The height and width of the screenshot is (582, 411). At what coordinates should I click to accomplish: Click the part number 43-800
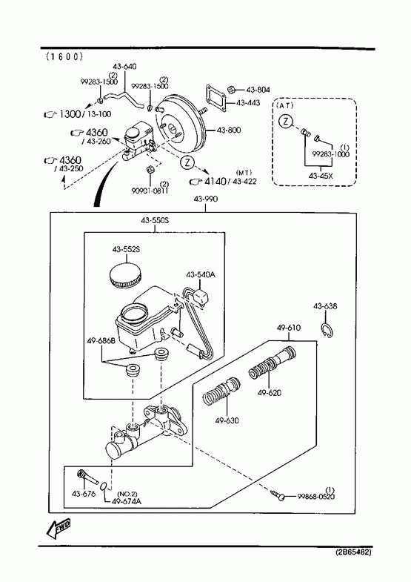(x=228, y=130)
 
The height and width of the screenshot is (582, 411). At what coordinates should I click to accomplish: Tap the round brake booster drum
(x=181, y=126)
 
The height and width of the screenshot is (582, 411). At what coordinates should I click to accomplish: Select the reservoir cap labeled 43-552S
(x=125, y=274)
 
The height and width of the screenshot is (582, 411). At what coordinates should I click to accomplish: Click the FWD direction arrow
(x=59, y=529)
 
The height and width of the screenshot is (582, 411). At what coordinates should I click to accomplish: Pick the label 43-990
(x=206, y=199)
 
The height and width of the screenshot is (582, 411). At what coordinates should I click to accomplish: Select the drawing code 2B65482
(x=353, y=552)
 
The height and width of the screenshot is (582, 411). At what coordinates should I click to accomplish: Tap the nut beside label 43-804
(x=230, y=89)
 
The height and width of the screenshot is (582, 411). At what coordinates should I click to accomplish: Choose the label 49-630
(x=227, y=420)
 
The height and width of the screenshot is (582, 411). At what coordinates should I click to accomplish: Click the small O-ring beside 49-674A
(x=104, y=486)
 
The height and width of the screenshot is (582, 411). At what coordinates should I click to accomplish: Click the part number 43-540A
(x=201, y=274)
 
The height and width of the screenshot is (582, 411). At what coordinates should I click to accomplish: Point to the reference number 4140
(x=215, y=181)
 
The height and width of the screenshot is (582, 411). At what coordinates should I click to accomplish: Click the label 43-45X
(x=321, y=176)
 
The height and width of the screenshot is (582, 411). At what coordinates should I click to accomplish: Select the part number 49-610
(x=289, y=328)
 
